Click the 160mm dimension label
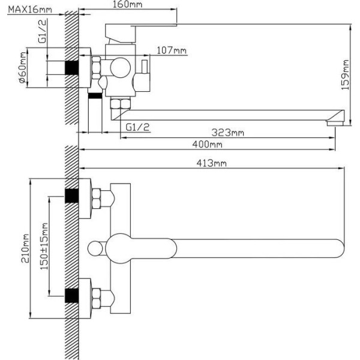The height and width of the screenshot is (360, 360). [127, 4]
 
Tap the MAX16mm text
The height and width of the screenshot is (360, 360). [30, 10]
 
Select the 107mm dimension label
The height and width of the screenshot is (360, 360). [172, 50]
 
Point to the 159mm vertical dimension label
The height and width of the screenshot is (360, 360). [345, 75]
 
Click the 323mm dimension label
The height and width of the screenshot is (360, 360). [227, 133]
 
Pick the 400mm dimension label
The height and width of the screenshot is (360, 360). [208, 145]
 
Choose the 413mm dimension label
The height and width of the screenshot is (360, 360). [211, 163]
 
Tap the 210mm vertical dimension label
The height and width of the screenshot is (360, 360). [25, 248]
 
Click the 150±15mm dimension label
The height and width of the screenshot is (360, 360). [44, 247]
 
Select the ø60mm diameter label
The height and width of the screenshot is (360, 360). [23, 67]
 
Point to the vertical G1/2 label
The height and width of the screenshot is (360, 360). [42, 31]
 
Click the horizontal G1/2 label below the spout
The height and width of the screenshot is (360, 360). [137, 127]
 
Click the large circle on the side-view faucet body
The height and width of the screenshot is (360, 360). [121, 68]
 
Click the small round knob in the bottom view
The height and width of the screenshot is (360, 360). [95, 248]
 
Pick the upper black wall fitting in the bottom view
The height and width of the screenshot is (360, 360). [71, 196]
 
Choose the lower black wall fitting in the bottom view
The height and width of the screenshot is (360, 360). [71, 296]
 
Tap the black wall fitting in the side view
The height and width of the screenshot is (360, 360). [71, 68]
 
